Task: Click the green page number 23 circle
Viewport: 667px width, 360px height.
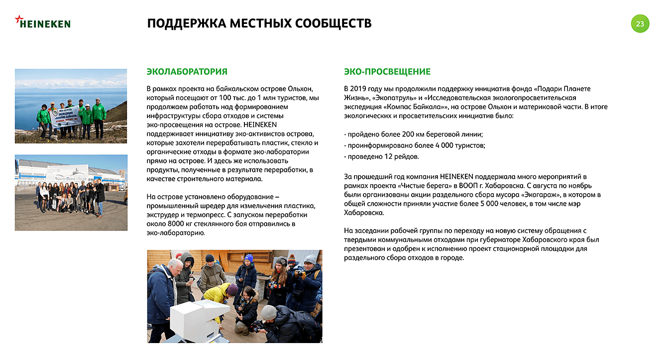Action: [x=640, y=23]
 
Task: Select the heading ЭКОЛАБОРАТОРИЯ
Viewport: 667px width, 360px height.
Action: [x=187, y=72]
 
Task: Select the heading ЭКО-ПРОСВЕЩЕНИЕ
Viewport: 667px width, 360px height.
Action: [x=387, y=72]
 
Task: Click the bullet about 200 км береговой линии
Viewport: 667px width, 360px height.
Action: [x=413, y=134]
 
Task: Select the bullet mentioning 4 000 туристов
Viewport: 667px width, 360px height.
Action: [x=414, y=145]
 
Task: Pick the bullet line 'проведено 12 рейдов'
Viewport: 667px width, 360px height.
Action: [x=381, y=156]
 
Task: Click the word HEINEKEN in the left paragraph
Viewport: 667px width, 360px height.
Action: [x=260, y=125]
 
